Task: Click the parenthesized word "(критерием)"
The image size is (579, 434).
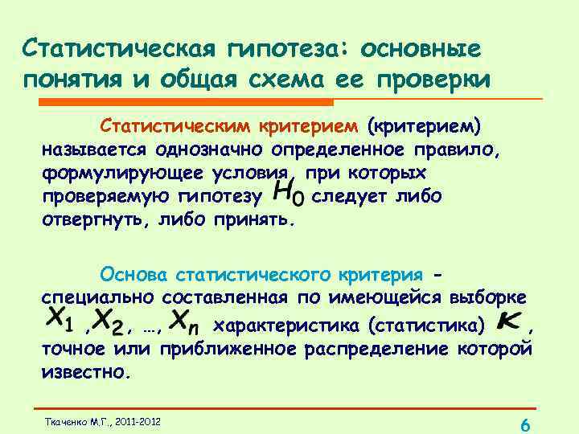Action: click(424, 127)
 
